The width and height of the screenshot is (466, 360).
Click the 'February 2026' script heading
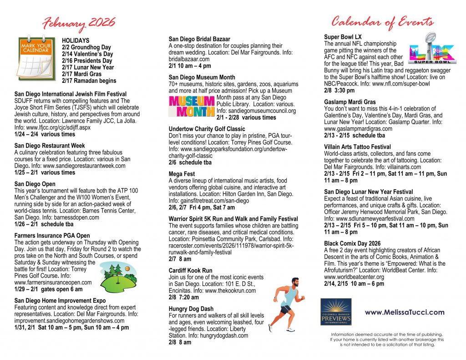click(79, 23)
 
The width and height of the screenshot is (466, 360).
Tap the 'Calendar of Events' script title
click(382, 21)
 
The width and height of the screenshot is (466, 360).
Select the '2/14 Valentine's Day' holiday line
click(87, 54)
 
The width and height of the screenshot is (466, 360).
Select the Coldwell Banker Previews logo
click(335, 312)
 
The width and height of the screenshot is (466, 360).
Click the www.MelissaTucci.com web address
click(404, 312)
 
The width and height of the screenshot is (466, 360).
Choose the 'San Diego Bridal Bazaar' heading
click(199, 39)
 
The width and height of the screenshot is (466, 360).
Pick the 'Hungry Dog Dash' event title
click(191, 309)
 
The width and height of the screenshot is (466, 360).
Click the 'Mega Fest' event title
click(182, 174)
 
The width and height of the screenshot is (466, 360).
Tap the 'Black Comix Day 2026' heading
click(352, 244)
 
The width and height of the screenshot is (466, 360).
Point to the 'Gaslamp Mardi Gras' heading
click(350, 102)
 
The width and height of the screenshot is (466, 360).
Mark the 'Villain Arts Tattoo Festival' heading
click(357, 147)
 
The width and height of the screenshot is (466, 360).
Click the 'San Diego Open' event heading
click(34, 184)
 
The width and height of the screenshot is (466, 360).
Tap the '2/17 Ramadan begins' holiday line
click(89, 81)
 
